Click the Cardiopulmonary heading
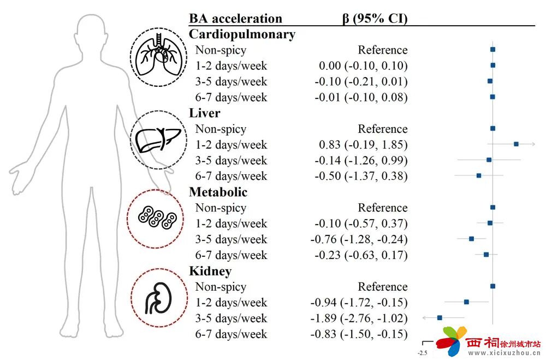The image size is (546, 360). coord(242,34)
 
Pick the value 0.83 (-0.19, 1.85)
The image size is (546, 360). coord(363,145)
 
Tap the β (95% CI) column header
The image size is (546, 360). coord(375,19)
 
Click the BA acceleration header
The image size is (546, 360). coord(235,19)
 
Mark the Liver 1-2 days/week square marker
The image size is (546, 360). coord(516,144)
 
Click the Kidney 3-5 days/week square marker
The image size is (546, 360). coord(440,317)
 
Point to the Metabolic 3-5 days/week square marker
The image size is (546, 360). coord(472,239)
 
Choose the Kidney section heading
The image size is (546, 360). coord(210,271)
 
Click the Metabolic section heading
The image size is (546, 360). coord(218,192)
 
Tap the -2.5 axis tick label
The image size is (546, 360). coord(423,353)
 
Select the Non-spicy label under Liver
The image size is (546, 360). coord(221,129)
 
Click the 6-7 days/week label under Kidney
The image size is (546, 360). coord(231,334)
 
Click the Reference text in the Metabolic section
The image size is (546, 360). coord(382,208)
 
